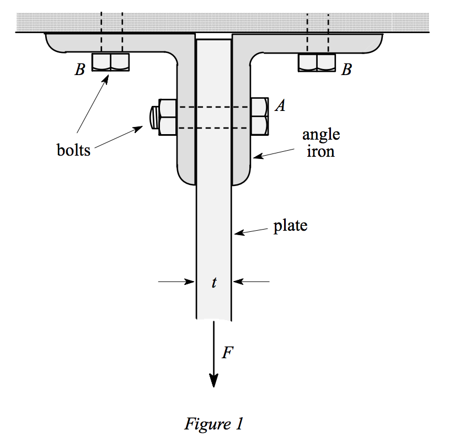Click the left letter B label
pyautogui.click(x=80, y=70)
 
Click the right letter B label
pyautogui.click(x=346, y=70)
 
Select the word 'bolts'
pyautogui.click(x=73, y=150)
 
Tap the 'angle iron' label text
pyautogui.click(x=320, y=142)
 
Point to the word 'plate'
pyautogui.click(x=290, y=226)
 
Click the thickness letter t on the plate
pyautogui.click(x=214, y=283)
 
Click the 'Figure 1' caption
pyautogui.click(x=213, y=424)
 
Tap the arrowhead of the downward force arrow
pyautogui.click(x=214, y=381)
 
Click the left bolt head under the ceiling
pyautogui.click(x=111, y=62)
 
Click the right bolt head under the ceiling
pyautogui.click(x=317, y=62)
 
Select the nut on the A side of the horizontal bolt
pyautogui.click(x=259, y=116)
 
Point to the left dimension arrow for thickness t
pyautogui.click(x=177, y=282)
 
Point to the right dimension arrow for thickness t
pyautogui.click(x=251, y=282)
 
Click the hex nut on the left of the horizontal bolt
pyautogui.click(x=167, y=118)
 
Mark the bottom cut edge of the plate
pyautogui.click(x=214, y=319)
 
